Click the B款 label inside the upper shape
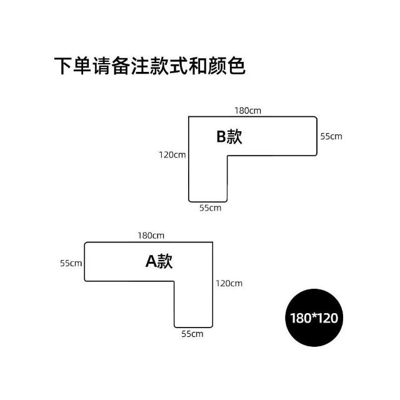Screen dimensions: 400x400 point(229,137)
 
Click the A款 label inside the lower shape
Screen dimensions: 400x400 point(159,261)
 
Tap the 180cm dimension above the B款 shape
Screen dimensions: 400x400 point(247,111)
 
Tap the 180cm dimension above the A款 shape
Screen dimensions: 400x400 point(151,236)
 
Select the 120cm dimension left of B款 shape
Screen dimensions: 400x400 point(172,154)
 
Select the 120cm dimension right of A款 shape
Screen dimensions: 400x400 point(229,283)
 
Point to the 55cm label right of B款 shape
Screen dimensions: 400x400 point(331,136)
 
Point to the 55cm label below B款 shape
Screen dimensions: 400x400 point(210,208)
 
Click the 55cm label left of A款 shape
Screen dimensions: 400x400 point(71,263)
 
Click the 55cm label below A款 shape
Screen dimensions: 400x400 point(192,334)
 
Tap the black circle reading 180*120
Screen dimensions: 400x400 point(314,317)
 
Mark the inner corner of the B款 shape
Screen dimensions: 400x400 point(227,156)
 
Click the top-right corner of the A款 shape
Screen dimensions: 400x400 point(213,242)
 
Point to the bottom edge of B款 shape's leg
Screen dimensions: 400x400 point(208,202)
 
